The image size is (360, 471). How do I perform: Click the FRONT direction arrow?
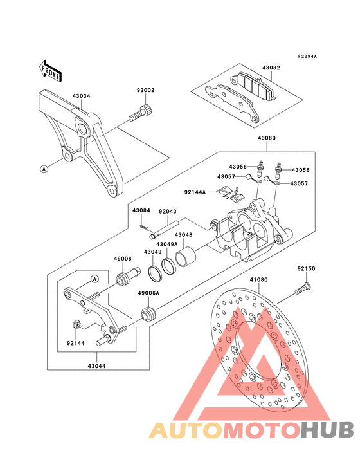pyautogui.click(x=50, y=71)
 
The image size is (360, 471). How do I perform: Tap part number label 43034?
pyautogui.click(x=81, y=96)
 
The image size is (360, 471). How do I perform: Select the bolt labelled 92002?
pyautogui.click(x=141, y=113)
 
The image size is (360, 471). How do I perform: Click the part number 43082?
pyautogui.click(x=271, y=68)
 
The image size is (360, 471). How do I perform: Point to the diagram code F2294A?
pyautogui.click(x=307, y=56)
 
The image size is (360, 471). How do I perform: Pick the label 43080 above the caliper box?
pyautogui.click(x=267, y=138)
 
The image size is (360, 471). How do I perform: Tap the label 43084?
pyautogui.click(x=141, y=211)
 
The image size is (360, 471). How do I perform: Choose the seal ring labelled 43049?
pyautogui.click(x=155, y=273)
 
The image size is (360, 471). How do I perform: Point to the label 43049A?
pyautogui.click(x=166, y=245)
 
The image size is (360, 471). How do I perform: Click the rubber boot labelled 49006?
pyautogui.click(x=129, y=276)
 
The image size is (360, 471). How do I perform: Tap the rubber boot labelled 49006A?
pyautogui.click(x=148, y=313)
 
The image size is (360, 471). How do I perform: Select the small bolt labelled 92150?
pyautogui.click(x=302, y=288)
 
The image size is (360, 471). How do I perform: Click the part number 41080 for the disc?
pyautogui.click(x=259, y=280)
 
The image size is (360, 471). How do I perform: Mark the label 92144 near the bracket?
pyautogui.click(x=76, y=343)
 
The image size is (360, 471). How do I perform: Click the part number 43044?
pyautogui.click(x=96, y=367)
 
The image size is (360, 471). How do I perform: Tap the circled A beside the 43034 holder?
pyautogui.click(x=44, y=169)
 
